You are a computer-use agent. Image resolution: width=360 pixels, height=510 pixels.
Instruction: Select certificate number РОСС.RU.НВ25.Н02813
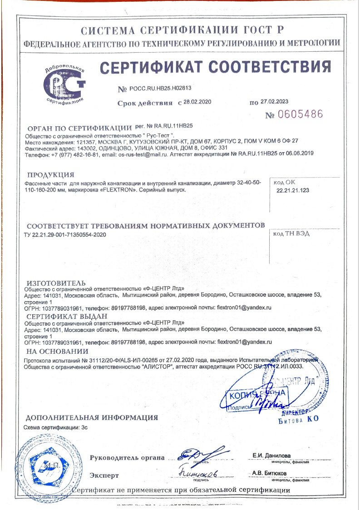coord(161,89)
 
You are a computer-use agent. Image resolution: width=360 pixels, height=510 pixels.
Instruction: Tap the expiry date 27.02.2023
coord(274,101)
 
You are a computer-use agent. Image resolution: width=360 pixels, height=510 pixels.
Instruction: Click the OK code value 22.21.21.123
coord(293,191)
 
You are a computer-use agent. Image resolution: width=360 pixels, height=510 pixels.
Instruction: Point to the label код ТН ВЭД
coord(291,234)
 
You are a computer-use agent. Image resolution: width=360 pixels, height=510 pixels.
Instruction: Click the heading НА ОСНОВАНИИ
coord(57,352)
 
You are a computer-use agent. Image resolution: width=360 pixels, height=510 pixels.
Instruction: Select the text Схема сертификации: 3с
coord(52,427)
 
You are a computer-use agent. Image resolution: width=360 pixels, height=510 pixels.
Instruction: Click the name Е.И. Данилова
coord(271,456)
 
